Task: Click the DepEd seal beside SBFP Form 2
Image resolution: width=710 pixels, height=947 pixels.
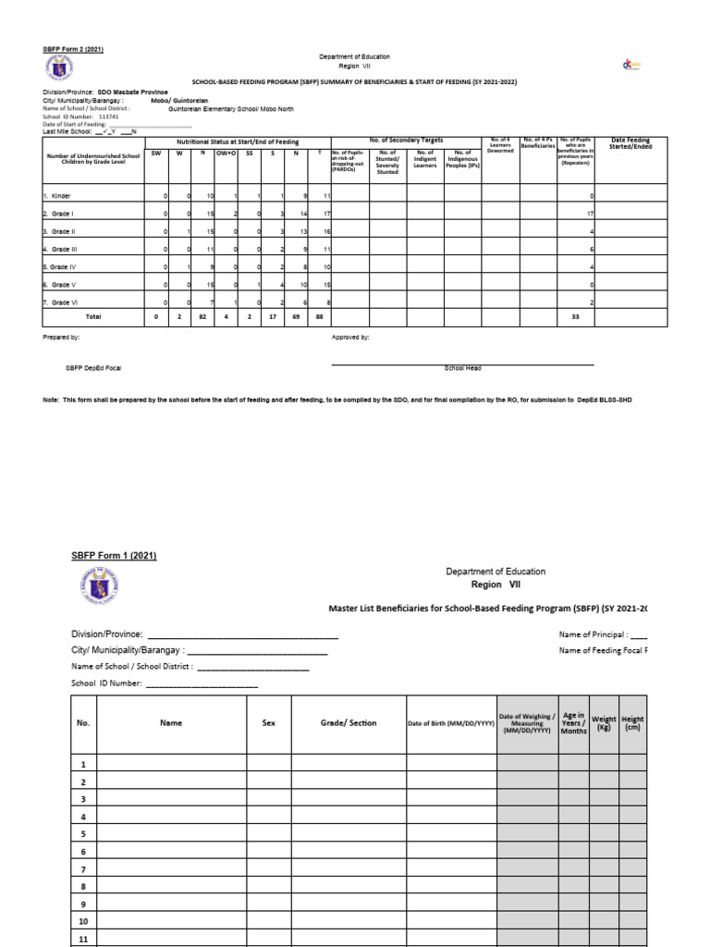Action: (56, 68)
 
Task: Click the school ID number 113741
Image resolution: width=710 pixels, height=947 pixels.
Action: (108, 117)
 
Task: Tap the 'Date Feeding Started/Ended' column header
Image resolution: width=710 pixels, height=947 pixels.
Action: (631, 144)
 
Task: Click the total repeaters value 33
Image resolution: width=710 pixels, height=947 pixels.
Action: (576, 316)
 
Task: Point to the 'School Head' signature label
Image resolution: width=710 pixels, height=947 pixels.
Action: (462, 368)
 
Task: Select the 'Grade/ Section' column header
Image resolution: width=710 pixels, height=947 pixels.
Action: (349, 723)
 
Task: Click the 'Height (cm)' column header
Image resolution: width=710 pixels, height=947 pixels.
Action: (633, 723)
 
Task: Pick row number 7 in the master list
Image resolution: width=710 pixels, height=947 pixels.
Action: (83, 870)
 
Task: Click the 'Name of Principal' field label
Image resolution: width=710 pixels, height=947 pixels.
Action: (593, 635)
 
